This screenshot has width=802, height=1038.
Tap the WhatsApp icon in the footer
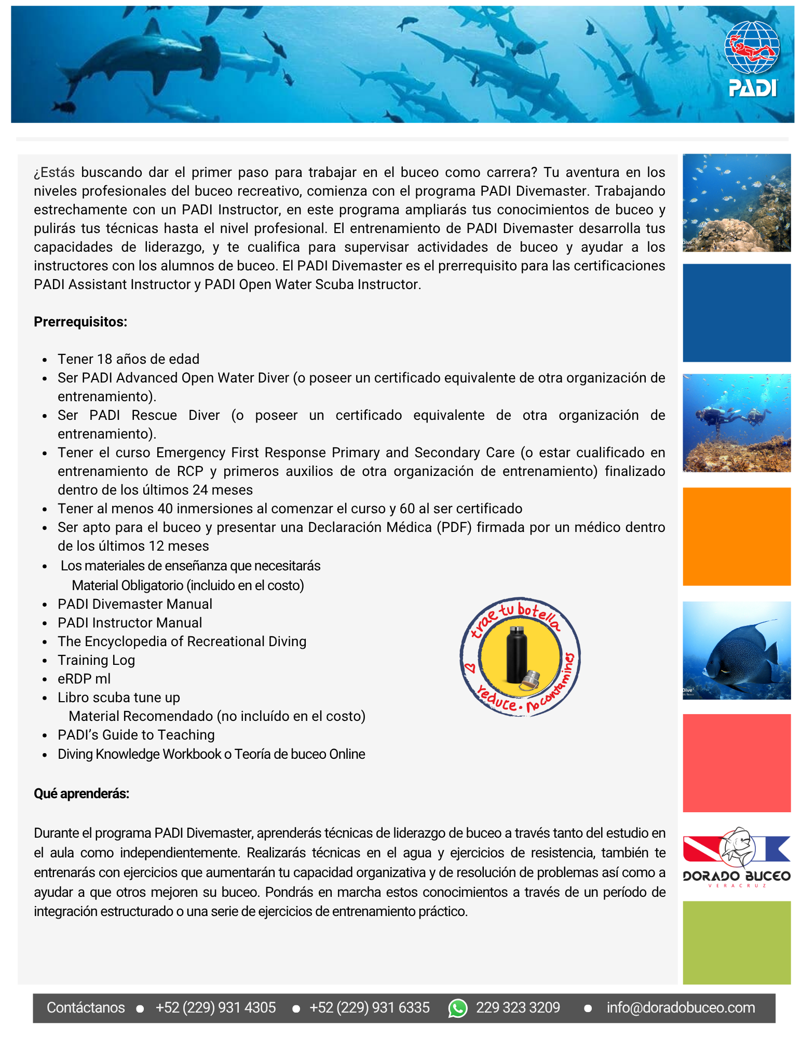(x=457, y=1008)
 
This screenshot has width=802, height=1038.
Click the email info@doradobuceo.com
(x=681, y=1007)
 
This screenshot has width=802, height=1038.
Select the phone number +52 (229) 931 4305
(x=215, y=1007)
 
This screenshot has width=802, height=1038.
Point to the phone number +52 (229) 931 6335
(x=369, y=1007)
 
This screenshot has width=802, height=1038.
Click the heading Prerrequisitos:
(x=80, y=322)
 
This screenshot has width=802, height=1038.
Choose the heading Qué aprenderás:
(x=81, y=794)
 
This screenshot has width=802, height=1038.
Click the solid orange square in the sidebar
(x=736, y=536)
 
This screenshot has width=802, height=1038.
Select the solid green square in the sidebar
(x=736, y=942)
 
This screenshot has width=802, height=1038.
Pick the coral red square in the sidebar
(x=736, y=763)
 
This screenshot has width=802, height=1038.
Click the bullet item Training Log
(x=96, y=660)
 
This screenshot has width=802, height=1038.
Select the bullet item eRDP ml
(x=84, y=679)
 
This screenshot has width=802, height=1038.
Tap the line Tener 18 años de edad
(x=128, y=359)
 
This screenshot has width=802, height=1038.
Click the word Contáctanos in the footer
(x=86, y=1007)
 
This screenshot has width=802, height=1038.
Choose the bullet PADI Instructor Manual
(x=130, y=623)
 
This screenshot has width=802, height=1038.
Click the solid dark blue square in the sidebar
(x=736, y=312)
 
